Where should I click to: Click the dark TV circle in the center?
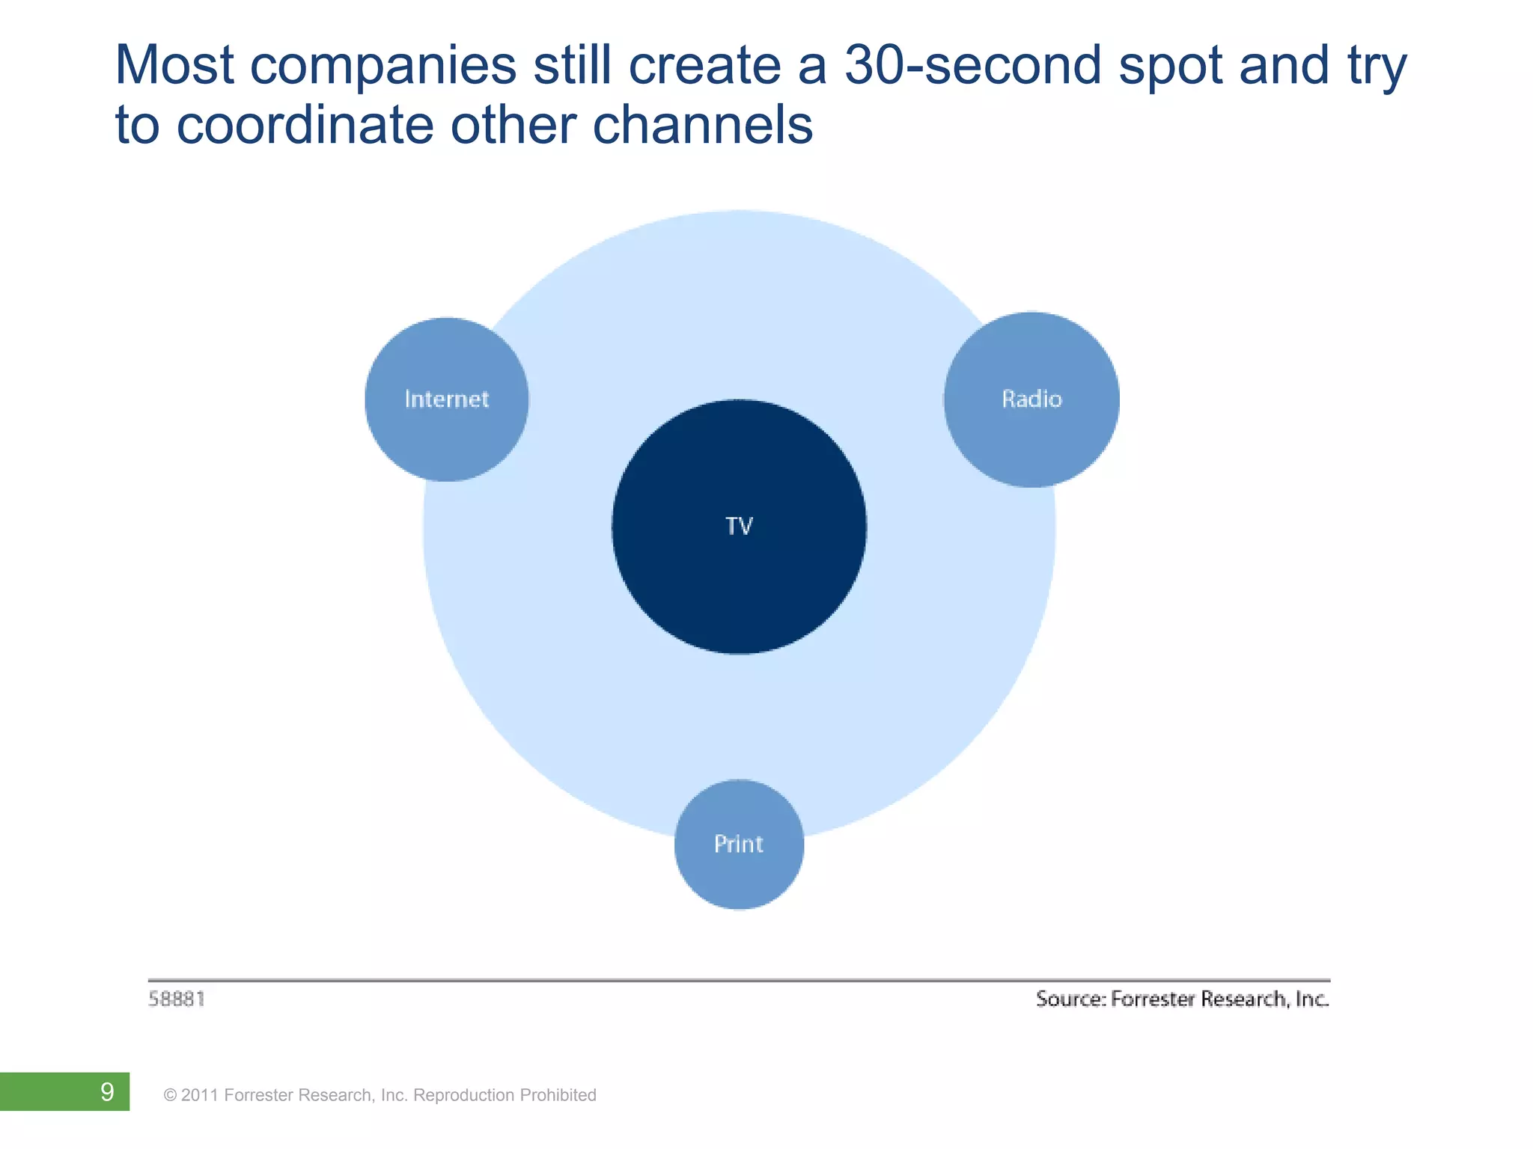739,527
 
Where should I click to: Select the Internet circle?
446,399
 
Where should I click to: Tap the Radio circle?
1031,399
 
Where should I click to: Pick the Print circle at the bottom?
739,845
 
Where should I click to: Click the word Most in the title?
174,66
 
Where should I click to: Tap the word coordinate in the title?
305,125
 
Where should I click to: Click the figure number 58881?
177,999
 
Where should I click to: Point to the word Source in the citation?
1069,999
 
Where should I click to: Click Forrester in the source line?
1153,999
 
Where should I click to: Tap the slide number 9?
107,1092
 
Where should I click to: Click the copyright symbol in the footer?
170,1095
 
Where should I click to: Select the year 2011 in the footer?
200,1095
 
